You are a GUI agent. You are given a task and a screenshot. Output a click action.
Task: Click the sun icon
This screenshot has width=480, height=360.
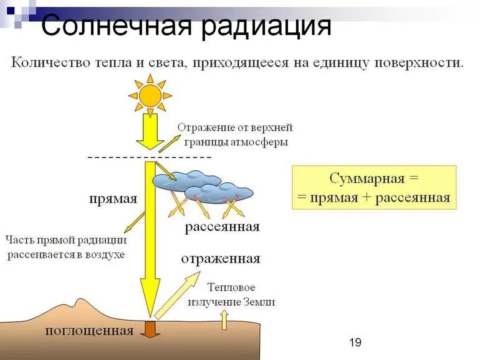(x=150, y=95)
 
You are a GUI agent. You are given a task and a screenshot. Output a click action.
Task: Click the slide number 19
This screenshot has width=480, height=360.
(x=355, y=342)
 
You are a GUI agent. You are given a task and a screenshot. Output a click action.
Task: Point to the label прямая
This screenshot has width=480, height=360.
(x=112, y=199)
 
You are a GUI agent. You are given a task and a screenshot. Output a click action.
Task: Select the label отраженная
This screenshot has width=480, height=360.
(x=221, y=258)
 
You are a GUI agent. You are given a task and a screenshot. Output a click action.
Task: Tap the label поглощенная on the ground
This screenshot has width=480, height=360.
(x=90, y=331)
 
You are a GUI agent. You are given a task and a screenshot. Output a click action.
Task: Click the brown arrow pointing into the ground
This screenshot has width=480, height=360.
(x=150, y=329)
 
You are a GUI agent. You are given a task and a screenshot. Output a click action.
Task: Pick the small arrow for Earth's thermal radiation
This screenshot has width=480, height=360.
(x=224, y=319)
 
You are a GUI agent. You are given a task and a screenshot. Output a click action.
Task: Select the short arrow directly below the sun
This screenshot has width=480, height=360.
(x=150, y=132)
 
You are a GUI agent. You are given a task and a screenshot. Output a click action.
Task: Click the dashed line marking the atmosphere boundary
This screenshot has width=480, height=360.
(x=150, y=158)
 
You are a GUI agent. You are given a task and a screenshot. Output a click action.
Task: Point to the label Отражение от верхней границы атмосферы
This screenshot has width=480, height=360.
(x=234, y=134)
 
